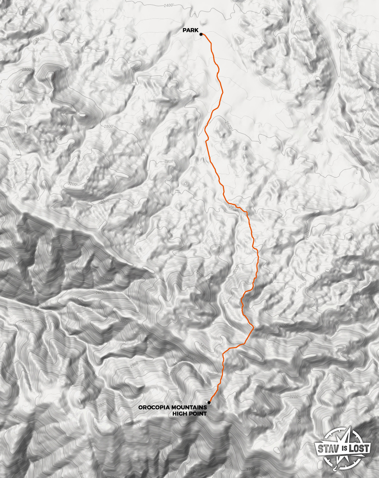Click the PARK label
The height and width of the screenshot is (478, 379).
tap(190, 30)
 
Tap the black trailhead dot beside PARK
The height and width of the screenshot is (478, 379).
tap(201, 34)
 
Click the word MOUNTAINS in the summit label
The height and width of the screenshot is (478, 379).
tap(189, 407)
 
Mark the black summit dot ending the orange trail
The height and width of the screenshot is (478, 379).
tap(209, 402)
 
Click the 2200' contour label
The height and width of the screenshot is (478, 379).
tap(35, 311)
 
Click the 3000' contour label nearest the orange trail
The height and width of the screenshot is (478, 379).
tap(235, 270)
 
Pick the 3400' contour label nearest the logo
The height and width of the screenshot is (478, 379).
tap(299, 419)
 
